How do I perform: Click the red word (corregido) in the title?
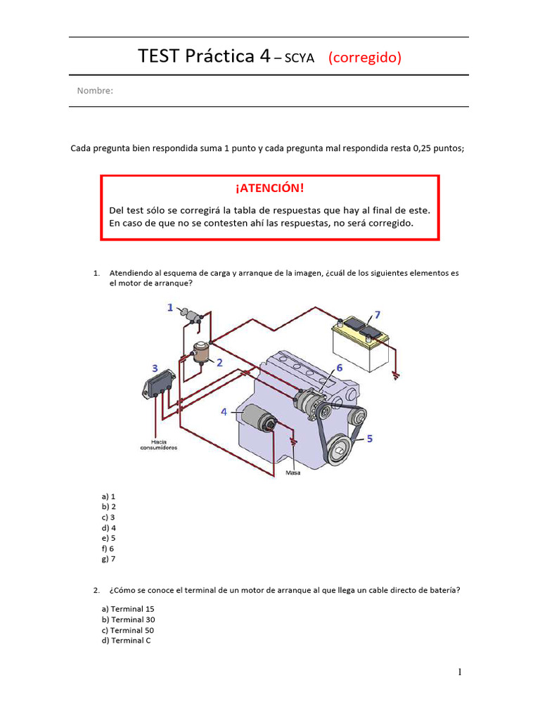click(365, 58)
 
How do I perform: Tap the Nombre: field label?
click(95, 91)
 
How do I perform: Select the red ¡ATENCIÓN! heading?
click(270, 188)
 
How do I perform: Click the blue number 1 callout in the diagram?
click(170, 307)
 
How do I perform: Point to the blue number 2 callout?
click(220, 363)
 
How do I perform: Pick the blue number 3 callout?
click(154, 368)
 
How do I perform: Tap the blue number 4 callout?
click(224, 412)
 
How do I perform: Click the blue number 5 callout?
click(370, 438)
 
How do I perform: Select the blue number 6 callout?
click(339, 368)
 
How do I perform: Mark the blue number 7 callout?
click(377, 314)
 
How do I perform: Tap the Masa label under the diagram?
click(293, 473)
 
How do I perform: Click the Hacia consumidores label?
click(158, 444)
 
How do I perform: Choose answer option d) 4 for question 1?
click(109, 527)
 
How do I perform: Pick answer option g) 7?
click(108, 559)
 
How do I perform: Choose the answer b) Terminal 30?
click(129, 619)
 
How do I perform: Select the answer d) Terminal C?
click(127, 641)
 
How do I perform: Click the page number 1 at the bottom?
click(460, 672)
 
